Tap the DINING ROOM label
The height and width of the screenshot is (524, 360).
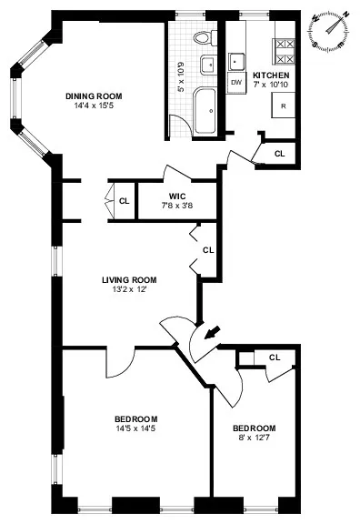click(94, 96)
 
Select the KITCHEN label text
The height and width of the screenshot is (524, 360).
click(271, 75)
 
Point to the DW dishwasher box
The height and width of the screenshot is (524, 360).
click(236, 82)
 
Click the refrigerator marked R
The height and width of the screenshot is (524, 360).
click(284, 106)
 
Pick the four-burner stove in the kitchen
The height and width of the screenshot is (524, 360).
click(285, 45)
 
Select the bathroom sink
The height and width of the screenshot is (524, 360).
click(207, 65)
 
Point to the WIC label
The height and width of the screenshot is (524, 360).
click(178, 196)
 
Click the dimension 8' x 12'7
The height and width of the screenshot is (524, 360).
click(254, 438)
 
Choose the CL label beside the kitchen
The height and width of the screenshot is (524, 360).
click(279, 154)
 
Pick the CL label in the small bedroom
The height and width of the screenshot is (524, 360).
click(274, 358)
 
